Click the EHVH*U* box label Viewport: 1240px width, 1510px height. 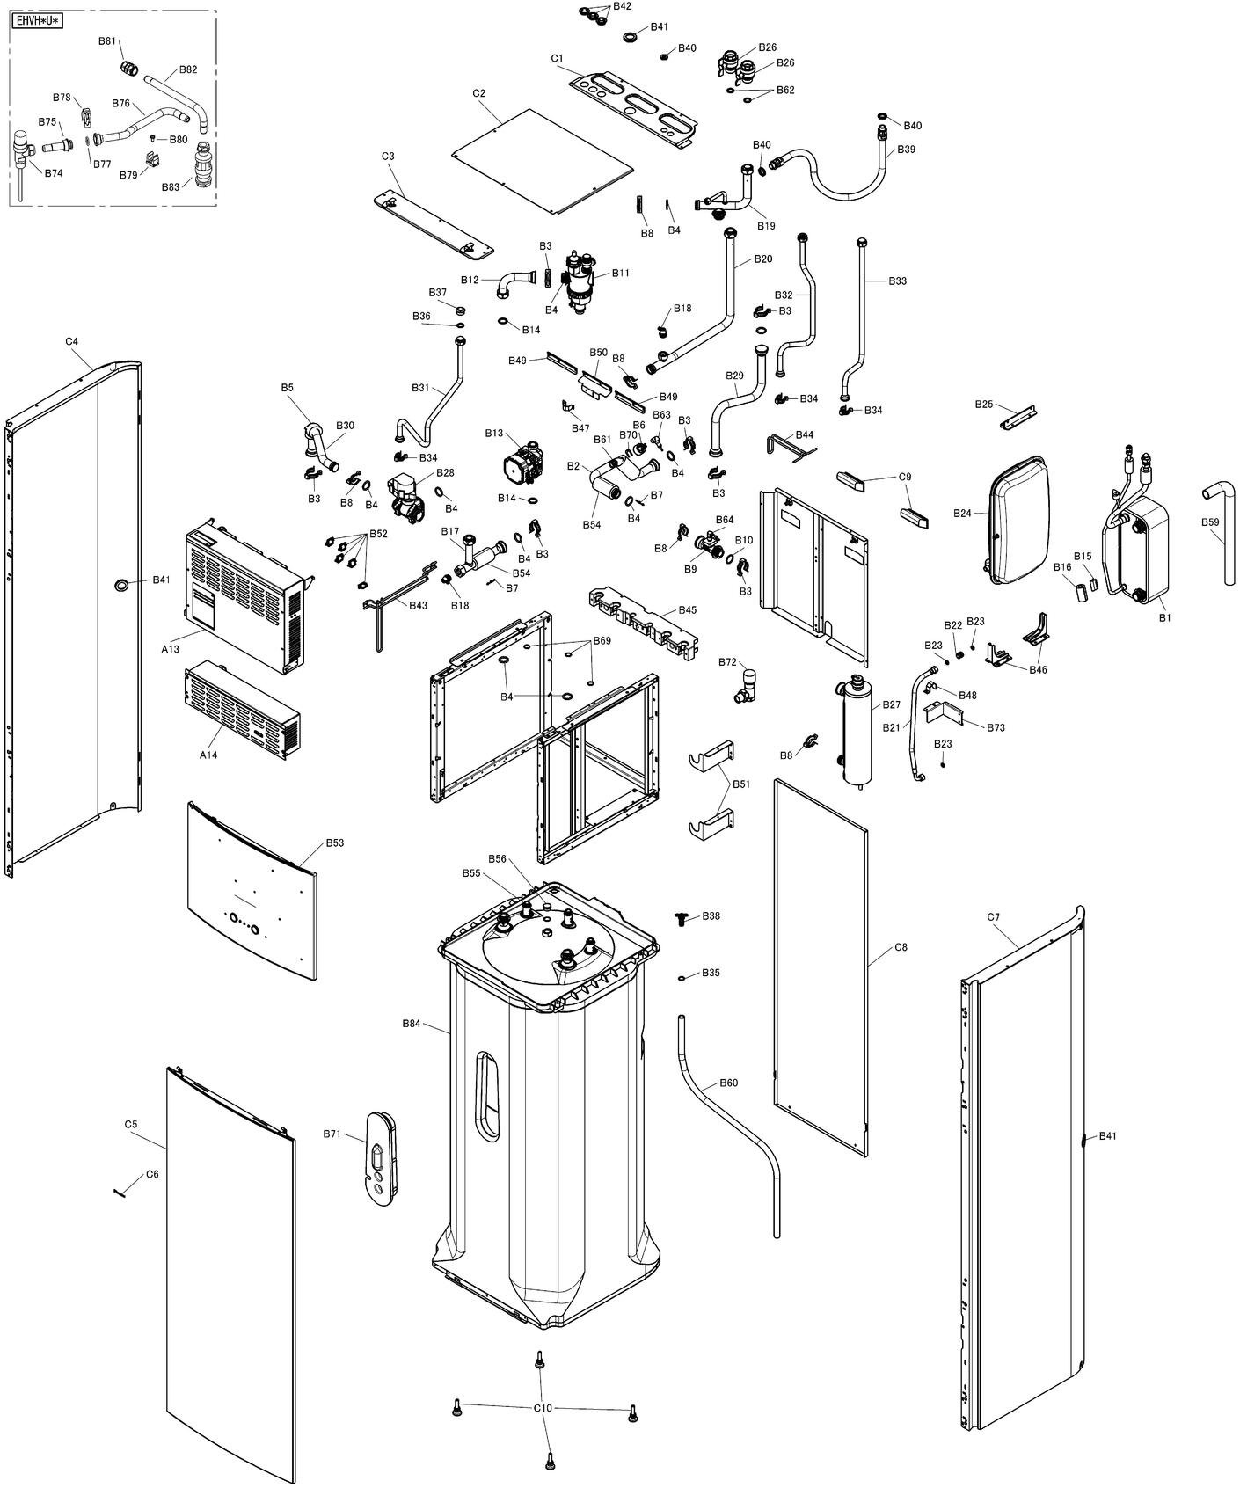[x=37, y=20]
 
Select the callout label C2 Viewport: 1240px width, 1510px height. [x=479, y=93]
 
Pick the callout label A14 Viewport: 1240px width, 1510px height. [x=208, y=755]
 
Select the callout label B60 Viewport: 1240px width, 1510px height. [x=728, y=1083]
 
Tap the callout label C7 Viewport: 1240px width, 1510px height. [x=993, y=917]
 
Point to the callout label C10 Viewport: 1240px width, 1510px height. [x=543, y=1408]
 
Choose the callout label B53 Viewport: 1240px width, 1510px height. [x=335, y=843]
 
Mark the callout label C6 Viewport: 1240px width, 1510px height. [x=152, y=1174]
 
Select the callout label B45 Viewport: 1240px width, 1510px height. [x=688, y=609]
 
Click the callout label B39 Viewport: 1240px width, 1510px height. [x=906, y=150]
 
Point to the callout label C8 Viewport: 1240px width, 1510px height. [x=901, y=947]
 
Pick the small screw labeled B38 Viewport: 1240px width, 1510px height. [x=682, y=918]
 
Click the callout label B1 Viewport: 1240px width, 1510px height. [x=1165, y=617]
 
